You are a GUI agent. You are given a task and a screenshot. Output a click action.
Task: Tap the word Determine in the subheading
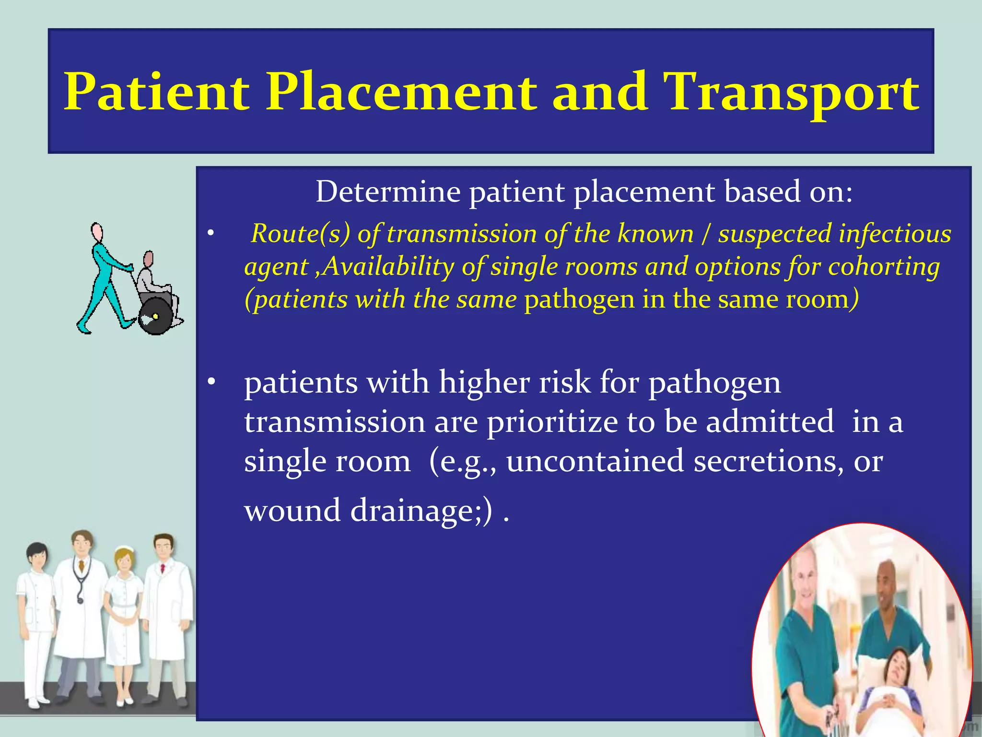coord(388,192)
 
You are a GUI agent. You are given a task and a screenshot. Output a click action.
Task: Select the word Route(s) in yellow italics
coord(300,234)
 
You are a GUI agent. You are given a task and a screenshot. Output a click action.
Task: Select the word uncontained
coord(595,461)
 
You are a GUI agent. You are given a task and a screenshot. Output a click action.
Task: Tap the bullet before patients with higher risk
coord(211,382)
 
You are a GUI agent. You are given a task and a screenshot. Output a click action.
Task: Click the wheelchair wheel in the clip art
coord(156,316)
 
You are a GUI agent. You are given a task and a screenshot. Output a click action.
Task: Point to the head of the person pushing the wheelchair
coord(97,233)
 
